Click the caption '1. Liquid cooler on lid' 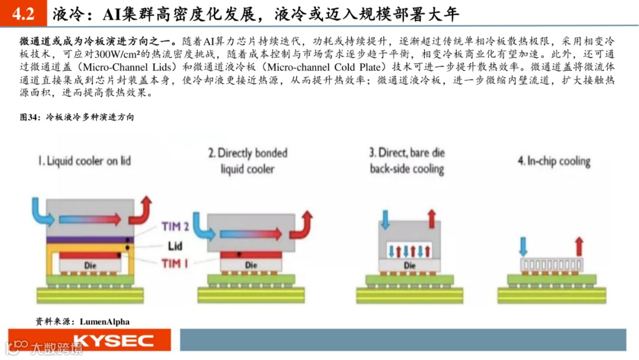(x=85, y=160)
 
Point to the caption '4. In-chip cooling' (x=554, y=160)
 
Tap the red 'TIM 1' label (x=175, y=262)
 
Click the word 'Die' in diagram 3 (x=409, y=265)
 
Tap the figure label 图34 (x=30, y=117)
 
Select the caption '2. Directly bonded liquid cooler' (x=247, y=160)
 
